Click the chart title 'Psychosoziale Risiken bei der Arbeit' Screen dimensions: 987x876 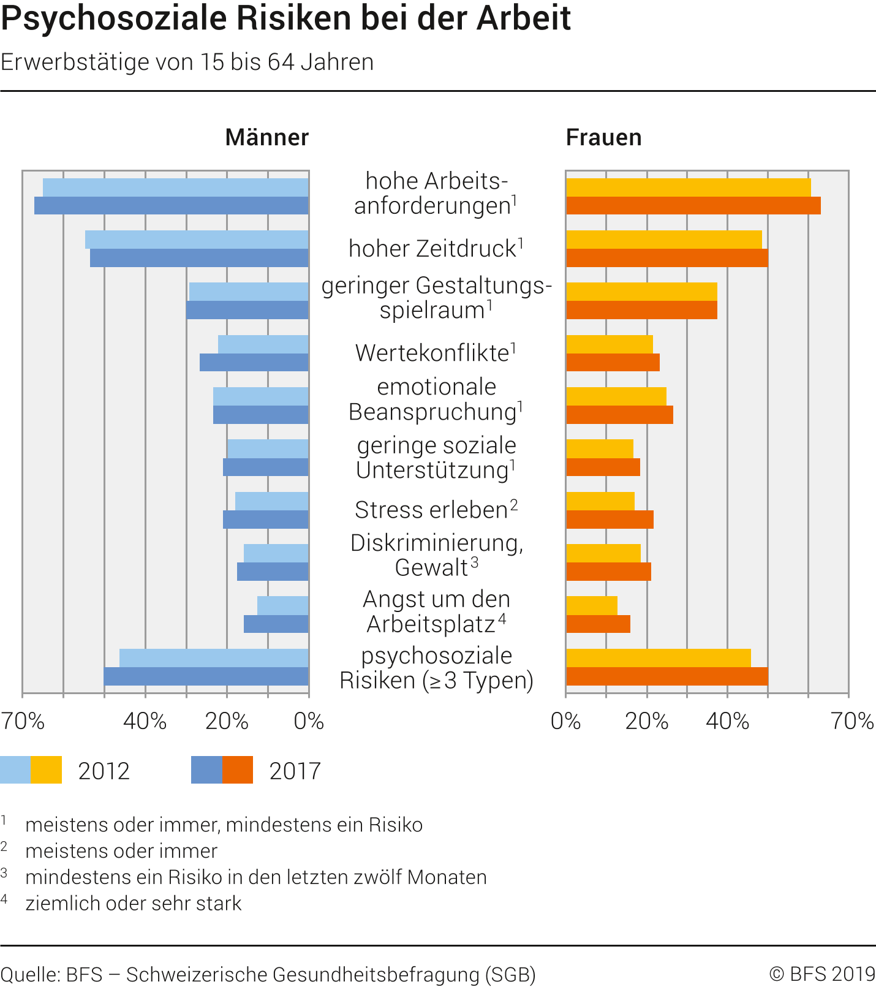pyautogui.click(x=285, y=18)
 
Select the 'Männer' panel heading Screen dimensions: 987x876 pyautogui.click(x=266, y=137)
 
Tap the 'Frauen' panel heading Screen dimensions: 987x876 pyautogui.click(x=603, y=137)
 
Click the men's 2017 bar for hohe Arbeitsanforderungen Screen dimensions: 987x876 pyautogui.click(x=172, y=206)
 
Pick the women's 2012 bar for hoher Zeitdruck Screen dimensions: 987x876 pyautogui.click(x=664, y=240)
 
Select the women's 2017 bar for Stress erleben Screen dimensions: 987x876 pyautogui.click(x=610, y=520)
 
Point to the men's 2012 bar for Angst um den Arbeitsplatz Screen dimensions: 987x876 pyautogui.click(x=282, y=605)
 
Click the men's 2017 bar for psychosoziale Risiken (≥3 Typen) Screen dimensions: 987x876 pyautogui.click(x=206, y=676)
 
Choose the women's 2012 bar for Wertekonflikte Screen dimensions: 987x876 pyautogui.click(x=610, y=344)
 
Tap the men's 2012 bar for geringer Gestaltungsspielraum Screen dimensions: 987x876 pyautogui.click(x=249, y=292)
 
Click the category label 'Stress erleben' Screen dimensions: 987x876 pyautogui.click(x=431, y=510)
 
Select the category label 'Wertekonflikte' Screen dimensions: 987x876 pyautogui.click(x=432, y=353)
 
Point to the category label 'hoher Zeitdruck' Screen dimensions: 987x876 pyautogui.click(x=432, y=249)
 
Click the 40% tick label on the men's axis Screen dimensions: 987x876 pyautogui.click(x=145, y=721)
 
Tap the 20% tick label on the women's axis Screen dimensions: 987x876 pyautogui.click(x=646, y=721)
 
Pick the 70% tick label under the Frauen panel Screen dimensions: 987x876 pyautogui.click(x=851, y=721)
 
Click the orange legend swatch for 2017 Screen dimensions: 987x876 pyautogui.click(x=238, y=770)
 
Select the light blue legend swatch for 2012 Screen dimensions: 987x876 pyautogui.click(x=15, y=770)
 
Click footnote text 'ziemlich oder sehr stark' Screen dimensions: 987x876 pyautogui.click(x=134, y=903)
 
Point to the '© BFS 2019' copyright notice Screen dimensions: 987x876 pyautogui.click(x=822, y=974)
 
